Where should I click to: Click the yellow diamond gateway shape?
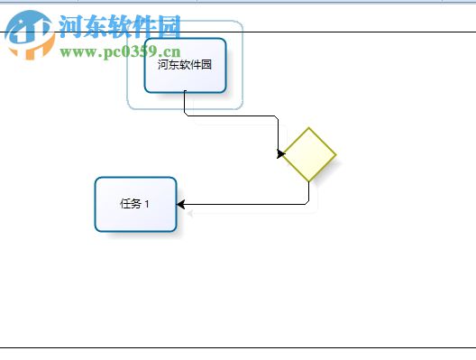click(x=309, y=154)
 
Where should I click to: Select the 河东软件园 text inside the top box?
click(x=184, y=65)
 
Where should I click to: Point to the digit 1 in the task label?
click(x=147, y=204)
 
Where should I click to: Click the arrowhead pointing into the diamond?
click(x=281, y=153)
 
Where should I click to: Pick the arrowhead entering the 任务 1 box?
click(x=181, y=205)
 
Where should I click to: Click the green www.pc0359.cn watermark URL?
click(x=121, y=51)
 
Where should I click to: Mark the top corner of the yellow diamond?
click(x=309, y=128)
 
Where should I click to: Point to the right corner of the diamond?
click(x=336, y=154)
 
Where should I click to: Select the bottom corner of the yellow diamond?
click(x=309, y=181)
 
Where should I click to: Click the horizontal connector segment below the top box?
click(x=230, y=115)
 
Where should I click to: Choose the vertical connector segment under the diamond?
click(x=309, y=191)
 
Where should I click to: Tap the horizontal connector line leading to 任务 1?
click(x=243, y=205)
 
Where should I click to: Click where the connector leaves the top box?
click(x=185, y=92)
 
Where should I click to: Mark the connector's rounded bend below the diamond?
click(x=307, y=203)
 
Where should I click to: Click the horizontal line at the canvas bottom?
click(x=238, y=347)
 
